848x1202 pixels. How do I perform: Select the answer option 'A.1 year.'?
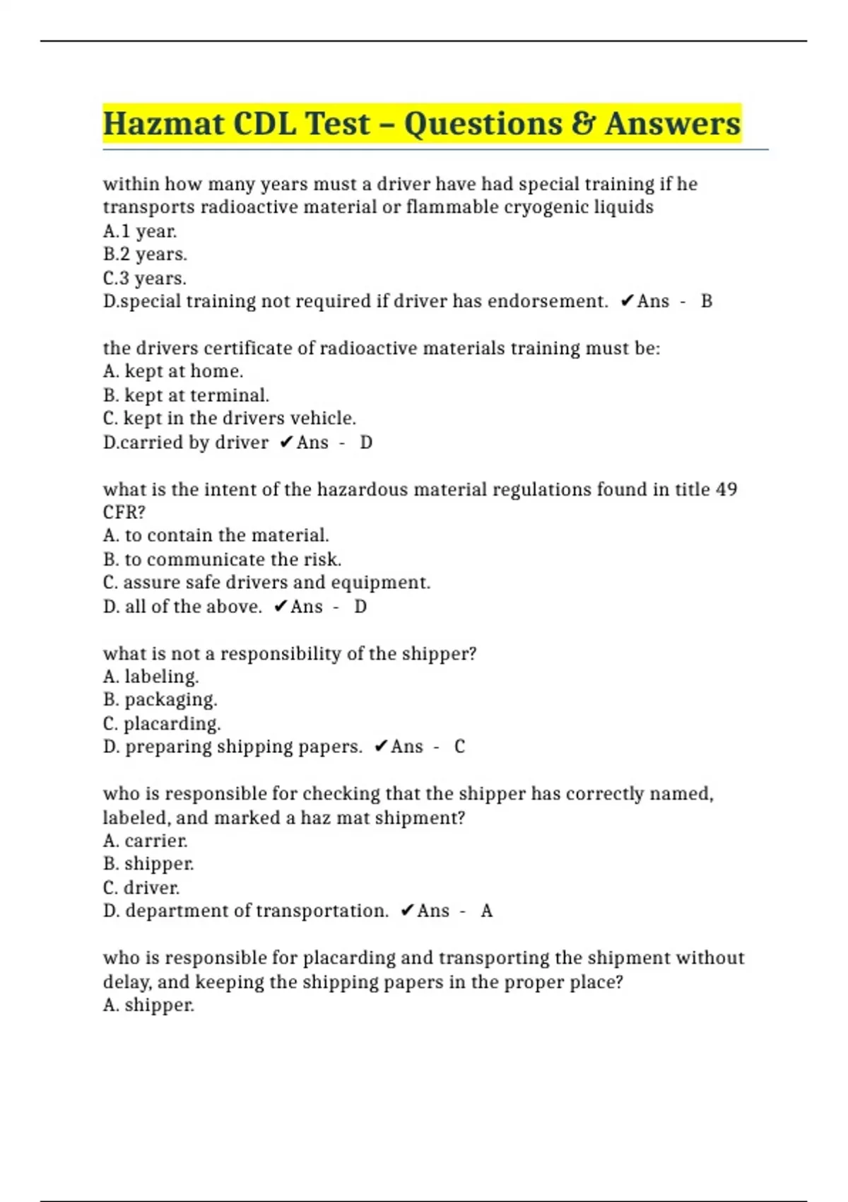pos(140,231)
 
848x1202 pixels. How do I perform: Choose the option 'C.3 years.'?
pos(145,278)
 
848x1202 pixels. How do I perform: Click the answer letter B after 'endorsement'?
pos(706,301)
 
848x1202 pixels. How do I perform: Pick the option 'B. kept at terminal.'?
pos(186,395)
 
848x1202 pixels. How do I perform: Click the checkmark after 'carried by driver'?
pos(286,443)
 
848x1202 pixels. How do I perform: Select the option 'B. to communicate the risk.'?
pos(222,559)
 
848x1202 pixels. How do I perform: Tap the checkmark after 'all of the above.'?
pos(281,607)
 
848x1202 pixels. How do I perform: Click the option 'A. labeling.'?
pos(151,677)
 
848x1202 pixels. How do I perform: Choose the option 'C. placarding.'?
pos(162,723)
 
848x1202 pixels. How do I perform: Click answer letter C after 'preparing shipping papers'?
pos(459,747)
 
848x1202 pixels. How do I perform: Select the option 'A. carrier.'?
pos(146,841)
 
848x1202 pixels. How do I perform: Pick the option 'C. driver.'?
pos(141,887)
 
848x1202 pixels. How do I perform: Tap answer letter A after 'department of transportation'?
pos(486,911)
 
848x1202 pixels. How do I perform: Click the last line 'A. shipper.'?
pos(148,1005)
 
